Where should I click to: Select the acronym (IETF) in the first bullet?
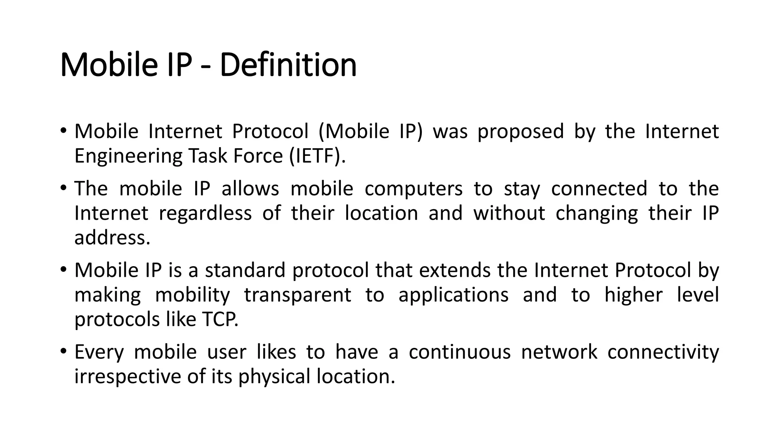[x=317, y=156]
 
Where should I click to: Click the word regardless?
[x=205, y=214]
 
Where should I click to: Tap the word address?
[x=112, y=238]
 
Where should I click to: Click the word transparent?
[x=297, y=295]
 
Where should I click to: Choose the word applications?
[x=453, y=295]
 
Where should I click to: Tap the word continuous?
[x=459, y=352]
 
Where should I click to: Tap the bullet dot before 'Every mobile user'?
[x=63, y=351]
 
